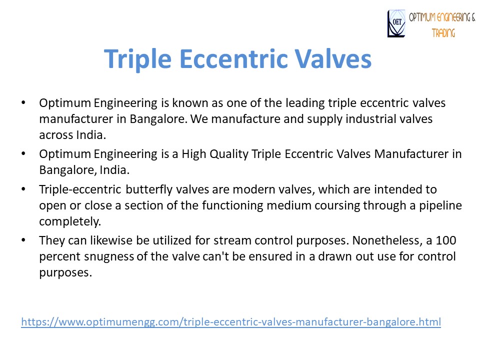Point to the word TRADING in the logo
coord(443,33)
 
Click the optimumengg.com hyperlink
coord(231,322)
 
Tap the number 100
coord(447,241)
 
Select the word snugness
coord(107,257)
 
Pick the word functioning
coord(198,205)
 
